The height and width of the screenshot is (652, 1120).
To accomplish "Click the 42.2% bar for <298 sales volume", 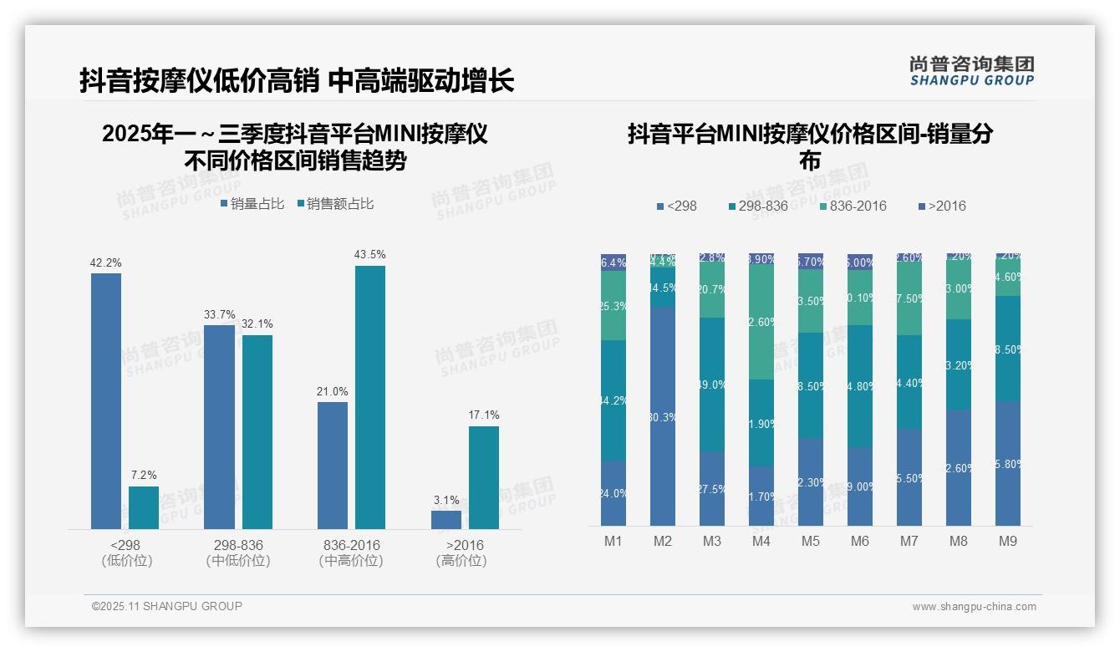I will pos(106,401).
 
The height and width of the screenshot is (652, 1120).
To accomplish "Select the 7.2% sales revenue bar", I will pos(144,507).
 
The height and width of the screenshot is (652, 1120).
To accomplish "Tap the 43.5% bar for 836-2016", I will pos(370,397).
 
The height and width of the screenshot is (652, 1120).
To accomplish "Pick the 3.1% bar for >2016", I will pos(445,519).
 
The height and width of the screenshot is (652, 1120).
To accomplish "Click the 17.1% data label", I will pos(484,415).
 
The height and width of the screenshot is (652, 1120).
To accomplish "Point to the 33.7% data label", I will pos(220,314).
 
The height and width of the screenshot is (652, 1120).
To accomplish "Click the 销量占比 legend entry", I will pos(252,204).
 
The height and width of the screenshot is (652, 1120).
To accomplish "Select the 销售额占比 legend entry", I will pos(334,204).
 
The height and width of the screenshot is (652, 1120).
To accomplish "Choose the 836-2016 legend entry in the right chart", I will pos(853,206).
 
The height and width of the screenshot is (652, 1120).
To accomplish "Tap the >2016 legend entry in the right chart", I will pos(941,206).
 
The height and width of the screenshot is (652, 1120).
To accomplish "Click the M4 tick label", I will pos(761,542).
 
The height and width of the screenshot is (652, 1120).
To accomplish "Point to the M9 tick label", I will pos(1008,542).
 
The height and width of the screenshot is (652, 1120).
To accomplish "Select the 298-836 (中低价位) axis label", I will pos(238,553).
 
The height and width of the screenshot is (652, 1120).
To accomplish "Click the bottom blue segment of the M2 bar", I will pos(663,415).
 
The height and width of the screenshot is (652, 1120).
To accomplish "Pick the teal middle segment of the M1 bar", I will pos(613,400).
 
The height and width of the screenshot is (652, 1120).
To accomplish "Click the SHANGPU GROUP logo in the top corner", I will pos(971,71).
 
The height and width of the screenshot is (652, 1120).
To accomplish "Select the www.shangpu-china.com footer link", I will pos(974,607).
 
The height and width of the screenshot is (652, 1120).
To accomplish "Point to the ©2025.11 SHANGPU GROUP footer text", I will pos(167,606).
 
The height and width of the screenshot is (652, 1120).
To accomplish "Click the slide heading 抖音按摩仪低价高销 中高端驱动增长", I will pos(297,80).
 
